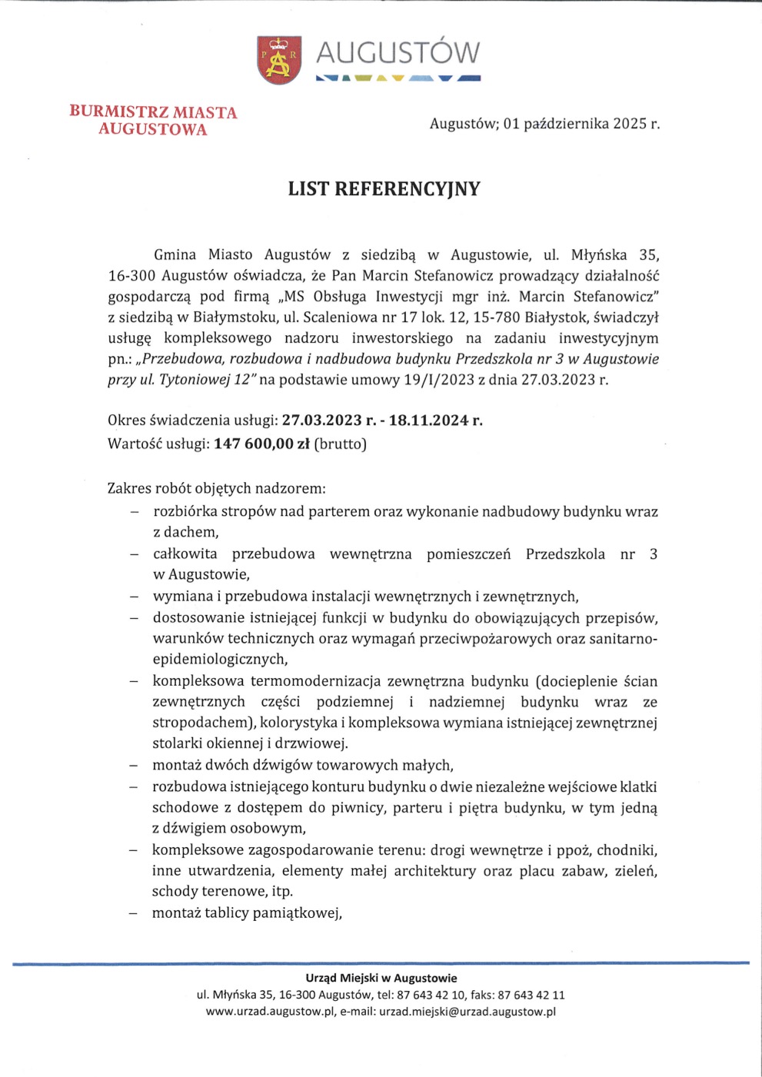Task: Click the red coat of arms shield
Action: (x=278, y=60)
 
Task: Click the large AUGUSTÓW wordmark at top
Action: (x=398, y=53)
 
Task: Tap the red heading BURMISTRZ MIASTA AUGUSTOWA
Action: (x=153, y=121)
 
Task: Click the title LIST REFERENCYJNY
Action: (x=384, y=189)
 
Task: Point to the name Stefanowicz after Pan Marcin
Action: (x=454, y=276)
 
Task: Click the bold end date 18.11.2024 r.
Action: (x=435, y=420)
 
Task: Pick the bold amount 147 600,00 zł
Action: (x=261, y=444)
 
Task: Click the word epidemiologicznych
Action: (x=220, y=660)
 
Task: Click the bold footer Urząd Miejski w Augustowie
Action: (x=381, y=979)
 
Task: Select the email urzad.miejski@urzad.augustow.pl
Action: (x=467, y=1012)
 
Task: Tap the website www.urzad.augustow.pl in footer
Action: (x=270, y=1012)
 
